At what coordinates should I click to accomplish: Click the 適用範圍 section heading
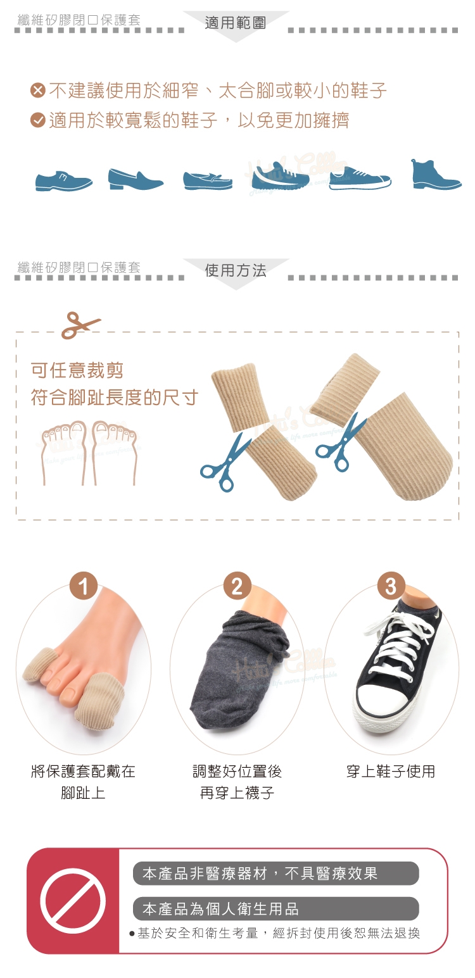click(x=236, y=22)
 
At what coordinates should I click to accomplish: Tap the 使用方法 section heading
click(x=236, y=270)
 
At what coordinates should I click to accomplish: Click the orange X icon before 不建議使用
click(x=38, y=91)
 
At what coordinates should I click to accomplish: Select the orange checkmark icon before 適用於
click(x=38, y=120)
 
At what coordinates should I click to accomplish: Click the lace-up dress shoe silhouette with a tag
click(x=64, y=180)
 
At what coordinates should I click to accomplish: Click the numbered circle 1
click(x=84, y=586)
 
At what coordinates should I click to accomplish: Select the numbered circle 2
click(x=237, y=586)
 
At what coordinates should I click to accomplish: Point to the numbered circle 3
click(x=391, y=586)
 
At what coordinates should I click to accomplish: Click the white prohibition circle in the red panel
click(x=73, y=900)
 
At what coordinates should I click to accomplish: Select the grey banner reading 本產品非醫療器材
click(x=275, y=873)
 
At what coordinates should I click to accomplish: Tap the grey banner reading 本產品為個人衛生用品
click(x=275, y=908)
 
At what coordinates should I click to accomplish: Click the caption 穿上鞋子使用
click(x=391, y=771)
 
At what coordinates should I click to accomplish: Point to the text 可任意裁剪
click(x=77, y=370)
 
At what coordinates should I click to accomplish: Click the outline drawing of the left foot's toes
click(x=63, y=453)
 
